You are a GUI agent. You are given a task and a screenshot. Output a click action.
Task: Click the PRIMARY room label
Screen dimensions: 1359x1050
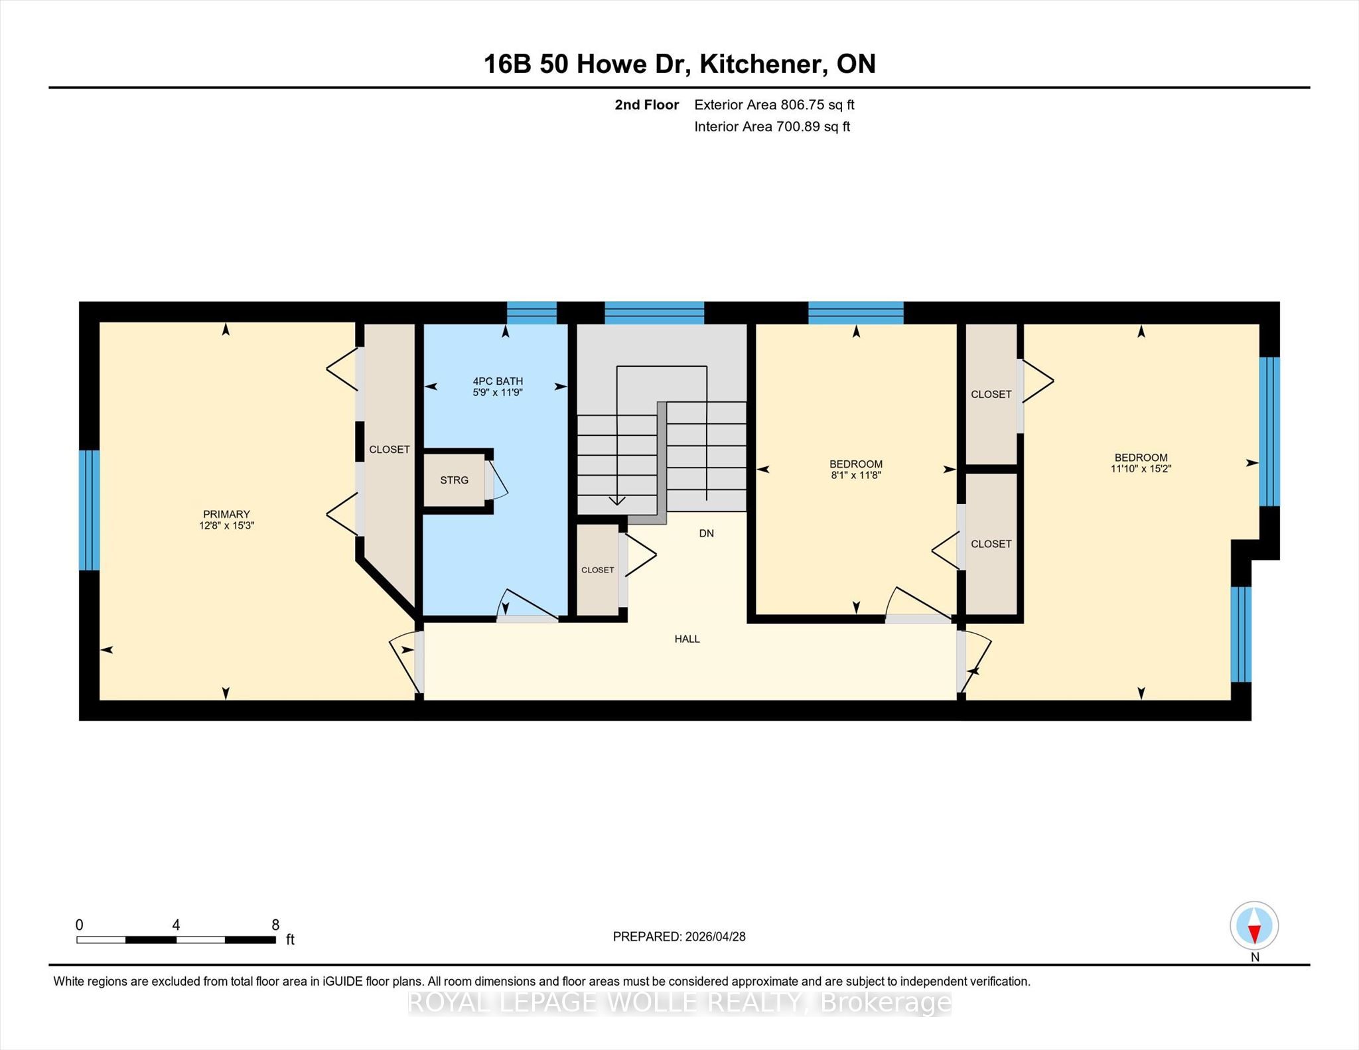(226, 514)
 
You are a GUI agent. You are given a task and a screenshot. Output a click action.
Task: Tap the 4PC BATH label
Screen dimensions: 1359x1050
(498, 381)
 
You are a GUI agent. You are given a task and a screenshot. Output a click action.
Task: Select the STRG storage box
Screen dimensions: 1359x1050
(455, 480)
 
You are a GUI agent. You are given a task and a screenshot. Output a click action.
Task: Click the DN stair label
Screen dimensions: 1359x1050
(706, 533)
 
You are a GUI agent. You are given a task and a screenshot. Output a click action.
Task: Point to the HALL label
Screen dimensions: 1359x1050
(687, 639)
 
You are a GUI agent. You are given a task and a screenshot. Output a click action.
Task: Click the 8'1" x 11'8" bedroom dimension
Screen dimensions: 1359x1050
(856, 475)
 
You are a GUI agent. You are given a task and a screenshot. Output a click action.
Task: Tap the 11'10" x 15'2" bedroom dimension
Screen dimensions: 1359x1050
(1141, 468)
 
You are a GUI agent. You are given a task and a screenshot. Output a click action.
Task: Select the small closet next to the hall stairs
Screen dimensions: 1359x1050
(598, 570)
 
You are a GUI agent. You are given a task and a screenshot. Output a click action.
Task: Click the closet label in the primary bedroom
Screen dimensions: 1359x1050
(390, 449)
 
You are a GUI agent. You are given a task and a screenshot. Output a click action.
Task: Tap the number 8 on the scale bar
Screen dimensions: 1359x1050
(275, 925)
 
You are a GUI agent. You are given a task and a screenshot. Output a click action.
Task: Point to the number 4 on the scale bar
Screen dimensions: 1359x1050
(176, 925)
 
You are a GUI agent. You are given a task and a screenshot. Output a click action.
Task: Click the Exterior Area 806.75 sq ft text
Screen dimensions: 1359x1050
(774, 105)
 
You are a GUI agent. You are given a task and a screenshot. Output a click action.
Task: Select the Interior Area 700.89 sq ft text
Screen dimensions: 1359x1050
(772, 127)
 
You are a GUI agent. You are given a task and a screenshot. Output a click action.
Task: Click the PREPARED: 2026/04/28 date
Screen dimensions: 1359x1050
(679, 937)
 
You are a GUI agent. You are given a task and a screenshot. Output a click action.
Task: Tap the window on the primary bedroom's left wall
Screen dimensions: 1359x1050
(89, 510)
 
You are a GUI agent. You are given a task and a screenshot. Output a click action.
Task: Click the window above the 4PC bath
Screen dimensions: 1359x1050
(532, 312)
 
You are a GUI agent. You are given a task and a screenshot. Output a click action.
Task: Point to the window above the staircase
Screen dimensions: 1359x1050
(654, 312)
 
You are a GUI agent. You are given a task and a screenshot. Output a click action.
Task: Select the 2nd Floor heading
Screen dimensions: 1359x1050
(647, 105)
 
